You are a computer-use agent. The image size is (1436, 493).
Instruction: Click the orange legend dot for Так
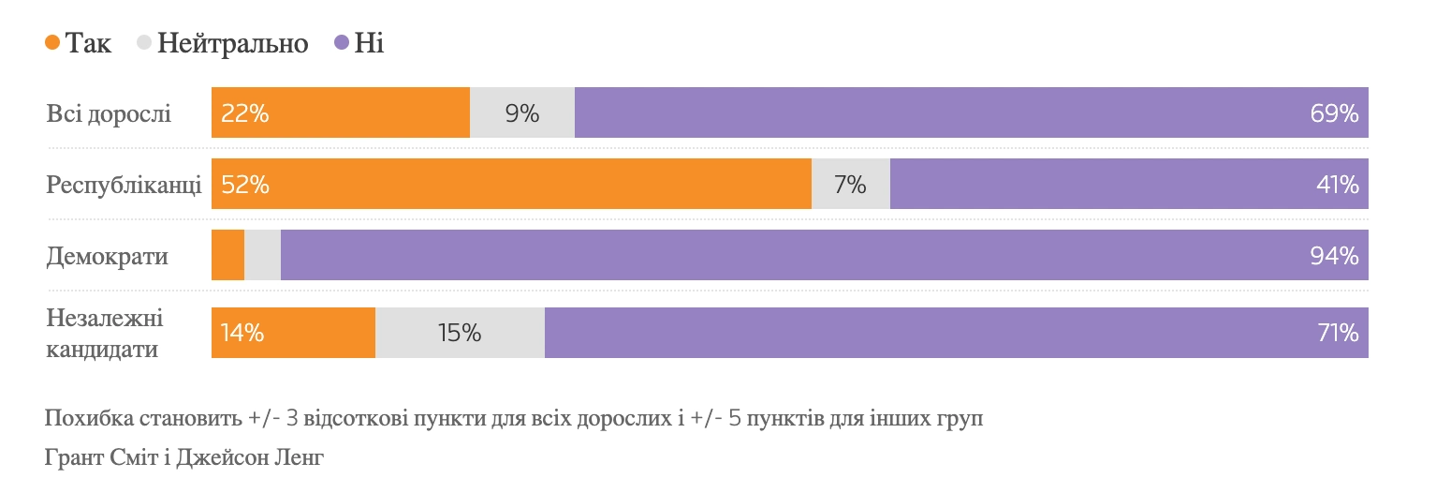click(x=52, y=43)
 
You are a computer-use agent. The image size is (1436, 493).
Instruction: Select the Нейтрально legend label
click(x=233, y=43)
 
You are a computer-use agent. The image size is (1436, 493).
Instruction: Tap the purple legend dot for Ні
click(x=342, y=43)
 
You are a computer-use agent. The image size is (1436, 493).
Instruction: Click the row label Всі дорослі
click(x=109, y=114)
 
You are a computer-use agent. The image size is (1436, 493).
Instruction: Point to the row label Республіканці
click(x=124, y=185)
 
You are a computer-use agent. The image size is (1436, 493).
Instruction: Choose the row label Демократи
click(x=108, y=255)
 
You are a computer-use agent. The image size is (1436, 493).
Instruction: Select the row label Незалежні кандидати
click(x=105, y=334)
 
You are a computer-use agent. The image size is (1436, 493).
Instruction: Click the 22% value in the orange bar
click(x=245, y=114)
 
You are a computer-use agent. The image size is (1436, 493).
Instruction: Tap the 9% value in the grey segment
click(x=522, y=114)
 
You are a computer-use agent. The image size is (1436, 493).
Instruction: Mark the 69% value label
click(x=1334, y=114)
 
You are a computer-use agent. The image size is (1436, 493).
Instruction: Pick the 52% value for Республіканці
click(x=245, y=185)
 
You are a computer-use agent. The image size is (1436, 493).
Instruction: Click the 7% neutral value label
click(x=850, y=185)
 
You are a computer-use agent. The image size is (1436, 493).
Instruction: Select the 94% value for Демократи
click(x=1334, y=255)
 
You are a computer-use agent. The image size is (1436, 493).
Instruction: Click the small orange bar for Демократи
click(x=227, y=255)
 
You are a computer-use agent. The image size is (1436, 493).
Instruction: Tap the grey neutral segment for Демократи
click(x=262, y=255)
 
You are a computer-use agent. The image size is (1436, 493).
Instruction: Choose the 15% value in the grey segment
click(x=459, y=333)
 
